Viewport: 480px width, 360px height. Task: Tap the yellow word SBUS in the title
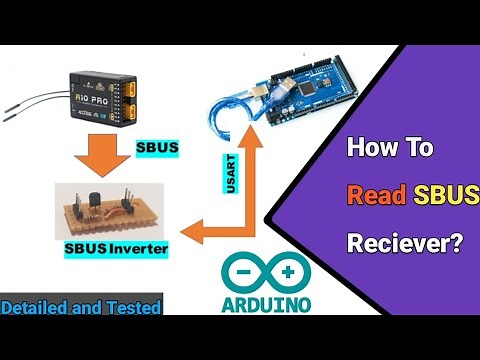click(x=436, y=195)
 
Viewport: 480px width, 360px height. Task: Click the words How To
click(x=389, y=149)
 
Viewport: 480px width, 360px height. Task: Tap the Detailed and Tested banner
click(x=81, y=308)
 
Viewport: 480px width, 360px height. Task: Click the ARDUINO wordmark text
click(x=262, y=302)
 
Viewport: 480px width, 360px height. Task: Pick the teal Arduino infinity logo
click(x=262, y=270)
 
